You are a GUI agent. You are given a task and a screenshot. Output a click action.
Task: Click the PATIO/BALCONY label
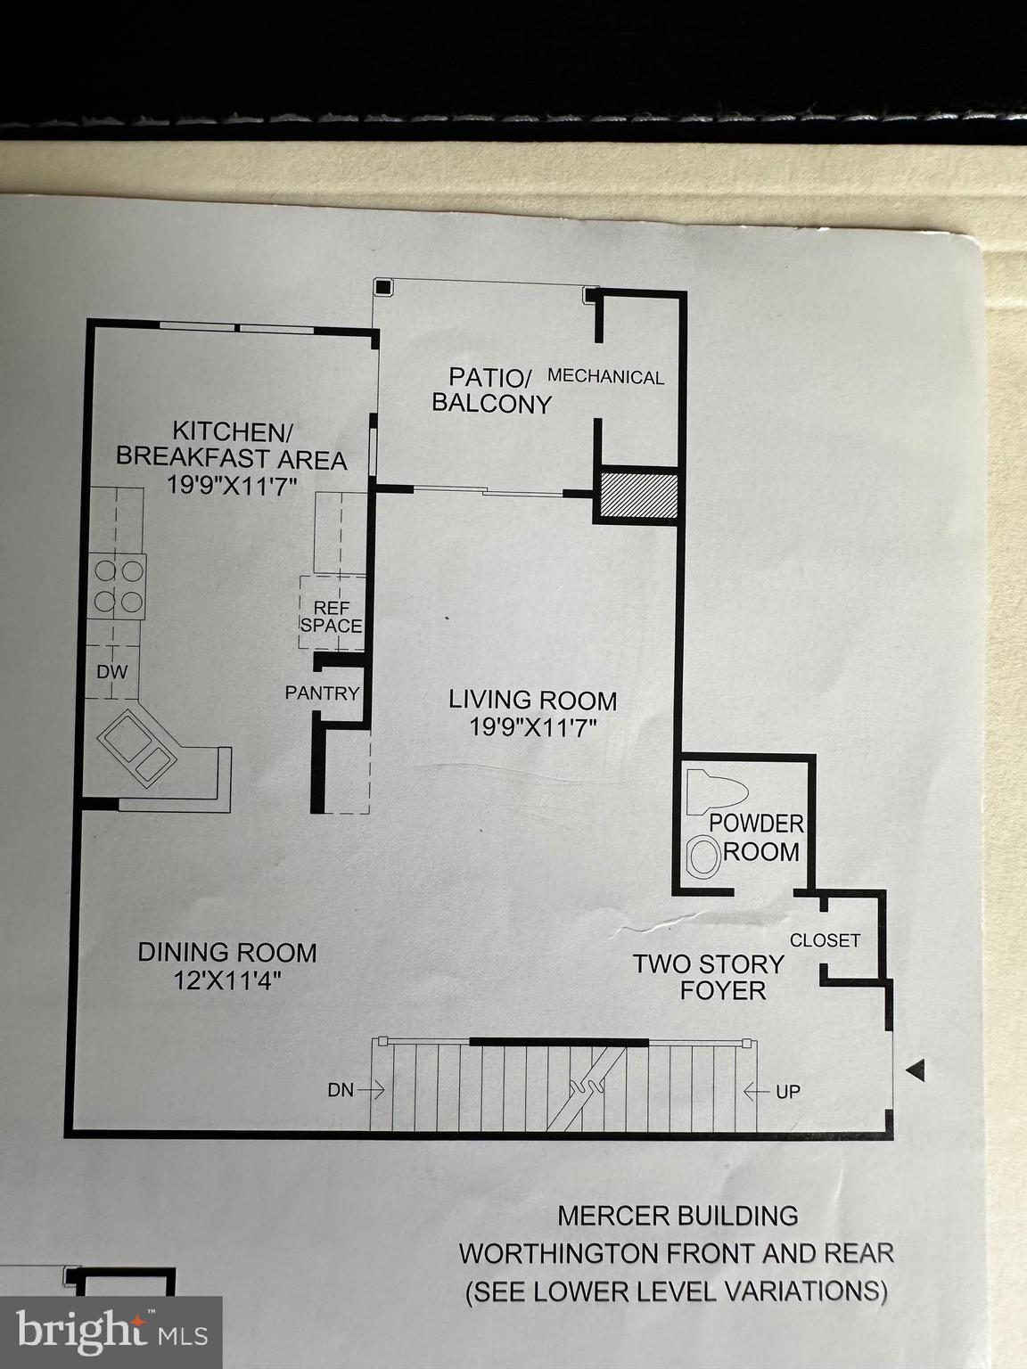491,389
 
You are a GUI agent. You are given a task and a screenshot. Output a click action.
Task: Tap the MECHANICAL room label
605,377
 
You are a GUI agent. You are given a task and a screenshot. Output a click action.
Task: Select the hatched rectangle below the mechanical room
637,495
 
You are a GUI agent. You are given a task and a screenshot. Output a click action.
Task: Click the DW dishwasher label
112,672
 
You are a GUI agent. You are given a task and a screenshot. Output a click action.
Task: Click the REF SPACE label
331,616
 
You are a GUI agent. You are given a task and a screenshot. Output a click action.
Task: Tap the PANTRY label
322,693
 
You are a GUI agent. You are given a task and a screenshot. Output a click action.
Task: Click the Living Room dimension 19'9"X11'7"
532,727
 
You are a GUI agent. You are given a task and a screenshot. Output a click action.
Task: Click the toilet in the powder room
719,790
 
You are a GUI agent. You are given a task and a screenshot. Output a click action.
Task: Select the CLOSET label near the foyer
825,940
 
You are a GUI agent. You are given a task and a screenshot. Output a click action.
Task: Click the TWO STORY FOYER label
709,977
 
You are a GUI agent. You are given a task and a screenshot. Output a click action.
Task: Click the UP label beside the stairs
787,1091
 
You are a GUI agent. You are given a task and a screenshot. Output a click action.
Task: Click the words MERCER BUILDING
677,1215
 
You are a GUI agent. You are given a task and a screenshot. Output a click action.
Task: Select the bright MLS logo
111,1333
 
